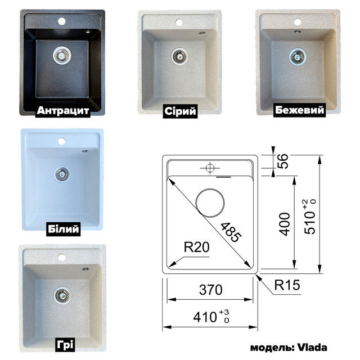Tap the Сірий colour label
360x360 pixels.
[179, 111]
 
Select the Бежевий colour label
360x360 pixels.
[300, 110]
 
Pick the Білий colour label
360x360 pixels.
[61, 229]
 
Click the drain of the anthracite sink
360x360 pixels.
[61, 55]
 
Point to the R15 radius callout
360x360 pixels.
[287, 285]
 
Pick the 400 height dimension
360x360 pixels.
[285, 224]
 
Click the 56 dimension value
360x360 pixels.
[285, 162]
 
